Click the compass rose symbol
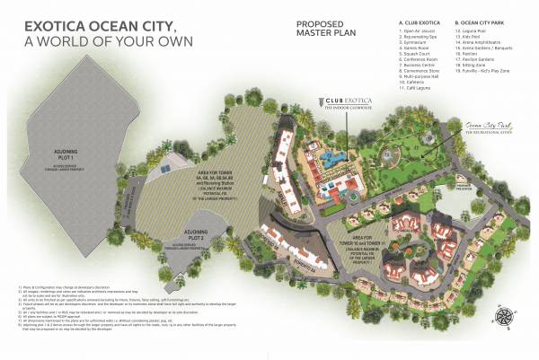(499, 316)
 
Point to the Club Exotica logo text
(338, 104)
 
